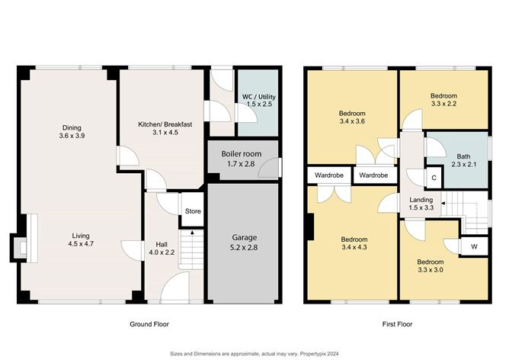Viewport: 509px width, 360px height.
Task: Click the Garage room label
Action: point(244,237)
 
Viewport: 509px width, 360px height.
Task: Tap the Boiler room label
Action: point(241,153)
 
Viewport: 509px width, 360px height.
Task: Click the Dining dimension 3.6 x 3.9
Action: point(72,137)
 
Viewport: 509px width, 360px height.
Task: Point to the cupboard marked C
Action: point(434,178)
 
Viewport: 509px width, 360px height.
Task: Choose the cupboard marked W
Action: point(474,247)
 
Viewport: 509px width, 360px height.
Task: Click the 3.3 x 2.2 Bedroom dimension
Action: point(443,105)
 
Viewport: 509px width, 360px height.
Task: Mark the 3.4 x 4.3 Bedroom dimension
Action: point(353,247)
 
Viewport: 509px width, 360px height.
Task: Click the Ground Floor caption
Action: point(149,324)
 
